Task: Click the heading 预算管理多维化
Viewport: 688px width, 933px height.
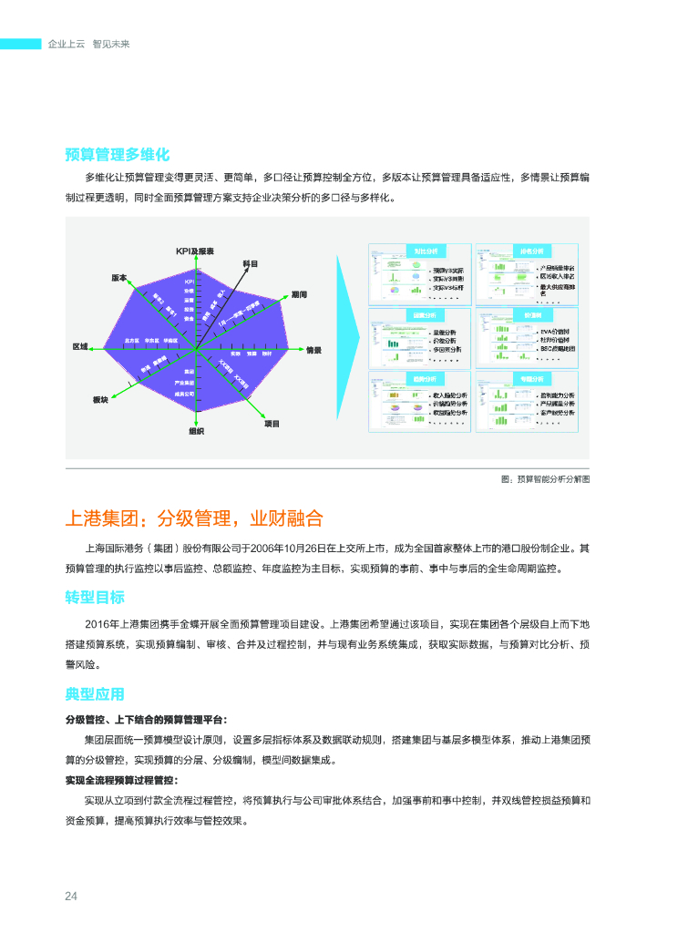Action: (117, 154)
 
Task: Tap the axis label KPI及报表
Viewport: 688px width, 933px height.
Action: (195, 251)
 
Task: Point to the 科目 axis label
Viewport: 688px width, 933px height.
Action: (251, 263)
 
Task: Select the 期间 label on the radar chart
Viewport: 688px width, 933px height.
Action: (299, 295)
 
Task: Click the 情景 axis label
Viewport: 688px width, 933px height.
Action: (313, 350)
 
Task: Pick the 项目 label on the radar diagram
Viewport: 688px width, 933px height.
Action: (272, 424)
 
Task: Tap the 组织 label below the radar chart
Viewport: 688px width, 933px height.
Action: (196, 431)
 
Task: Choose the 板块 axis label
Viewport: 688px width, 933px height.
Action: (100, 400)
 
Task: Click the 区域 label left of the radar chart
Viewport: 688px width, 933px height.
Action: (80, 347)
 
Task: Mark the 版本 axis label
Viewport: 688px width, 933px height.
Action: (119, 277)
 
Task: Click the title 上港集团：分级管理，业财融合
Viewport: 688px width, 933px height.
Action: (194, 518)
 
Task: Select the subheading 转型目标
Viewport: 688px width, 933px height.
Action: (95, 598)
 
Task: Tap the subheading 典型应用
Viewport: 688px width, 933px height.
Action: (95, 694)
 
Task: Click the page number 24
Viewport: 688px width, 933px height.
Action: (70, 897)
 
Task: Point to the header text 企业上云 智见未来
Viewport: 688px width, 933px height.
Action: (88, 44)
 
